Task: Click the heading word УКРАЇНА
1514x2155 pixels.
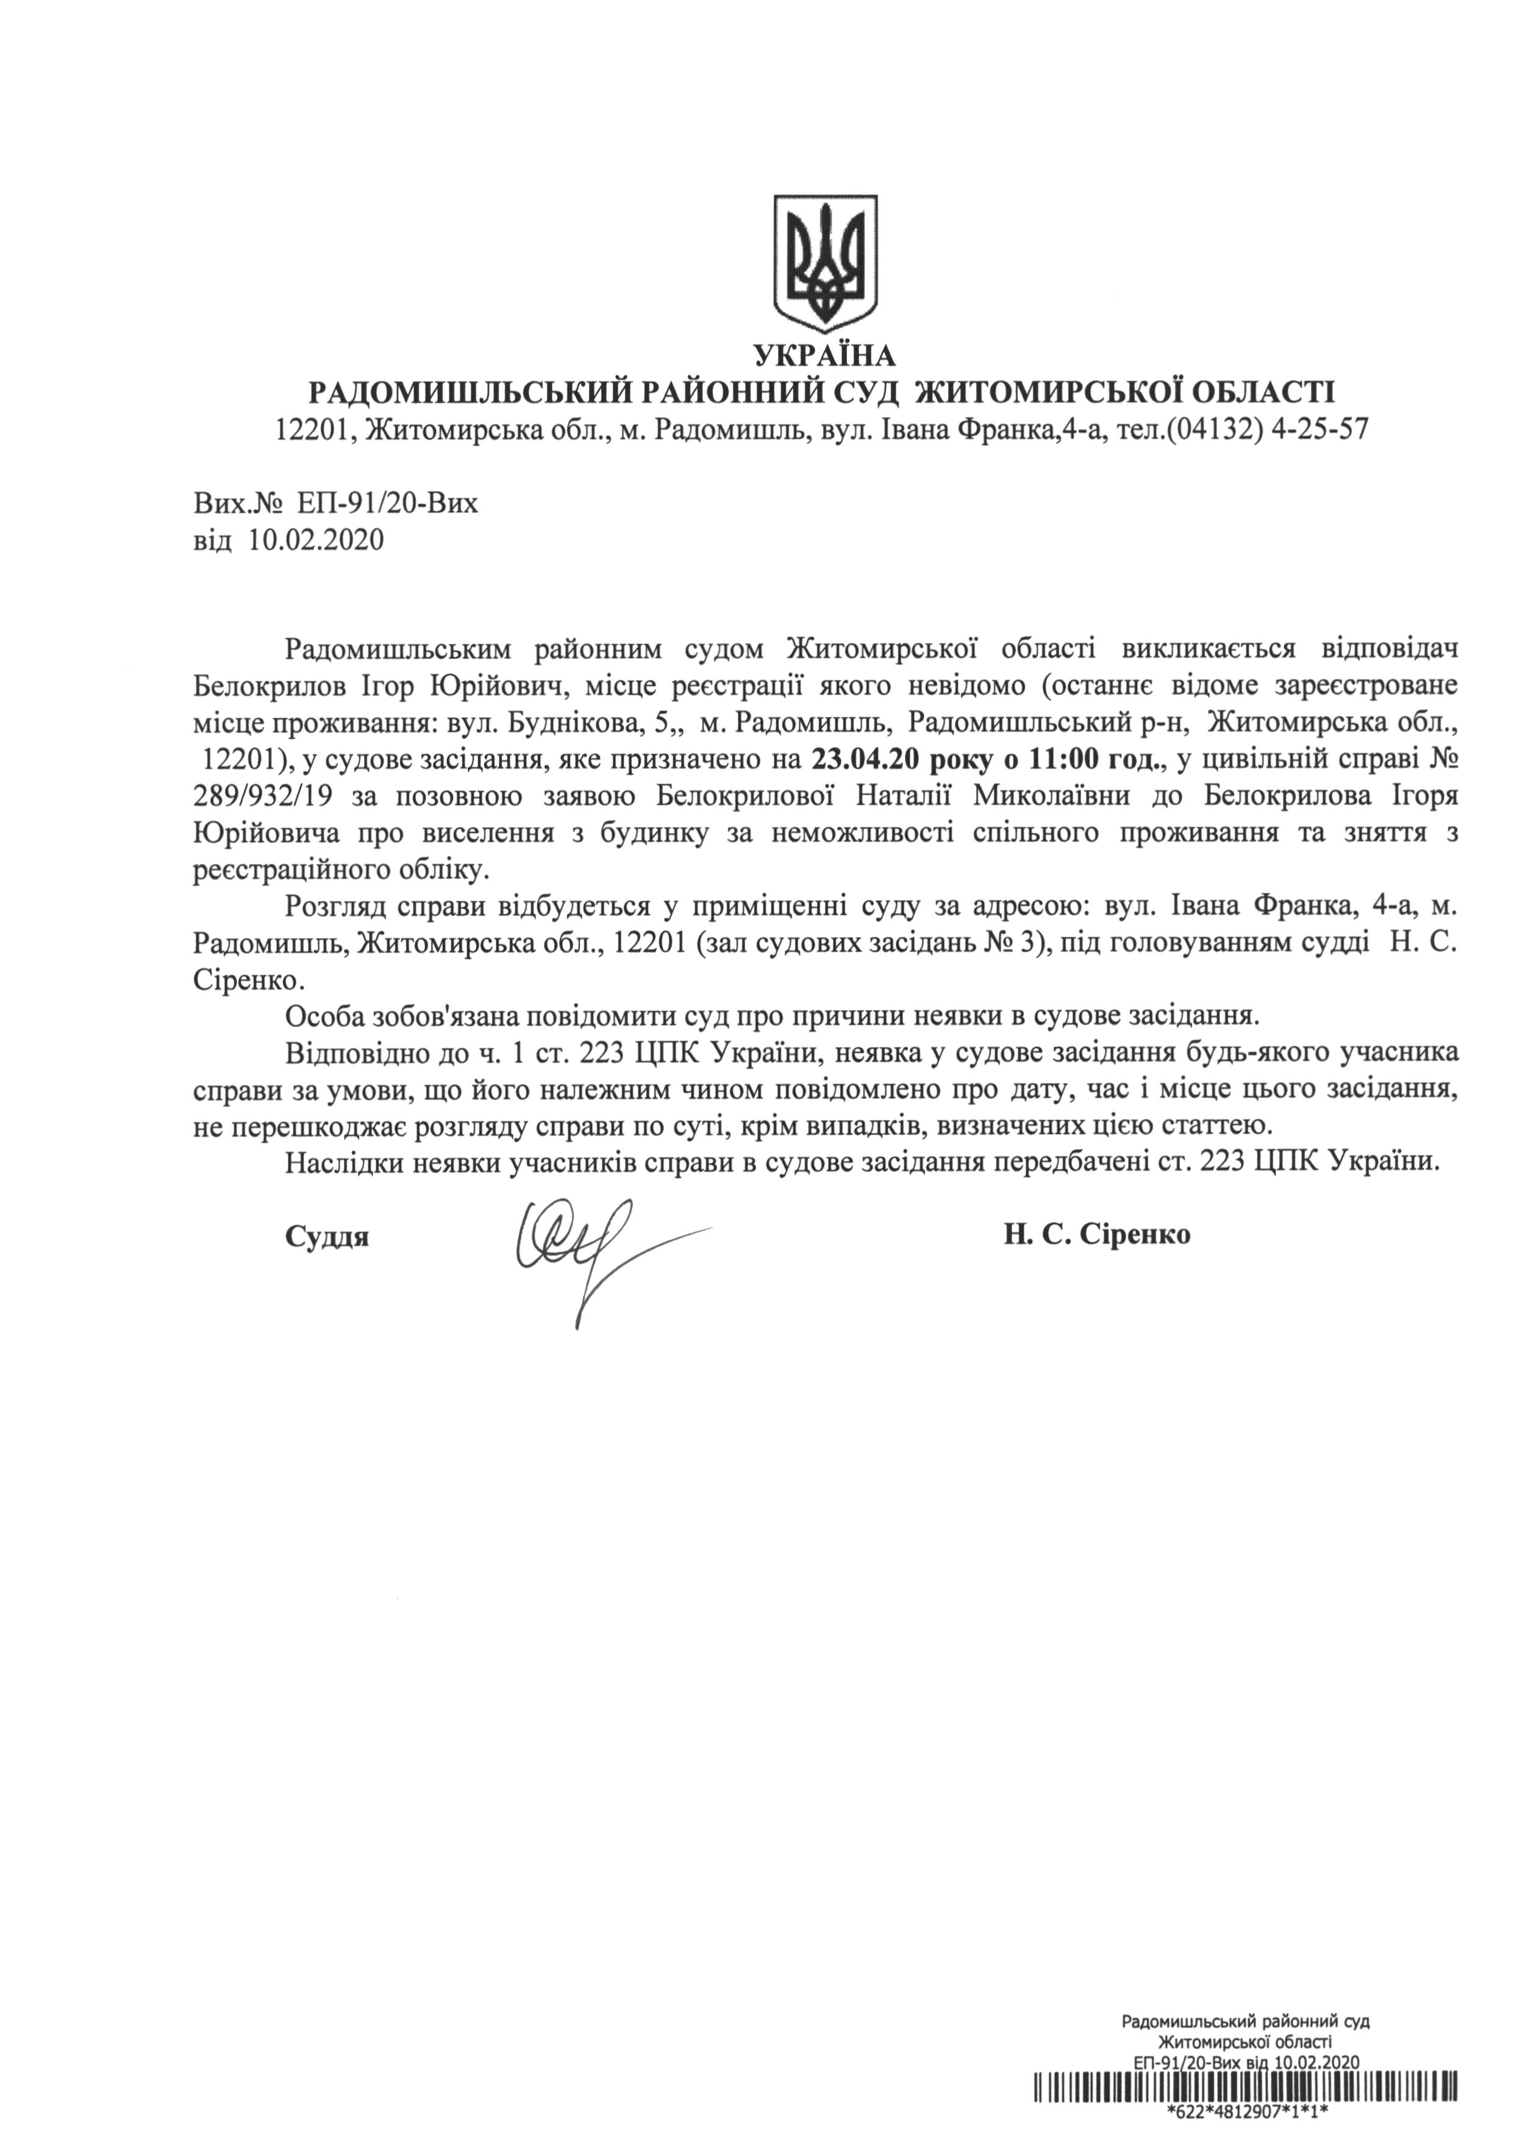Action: coord(824,355)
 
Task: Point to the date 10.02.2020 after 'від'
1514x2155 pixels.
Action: coord(316,540)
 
